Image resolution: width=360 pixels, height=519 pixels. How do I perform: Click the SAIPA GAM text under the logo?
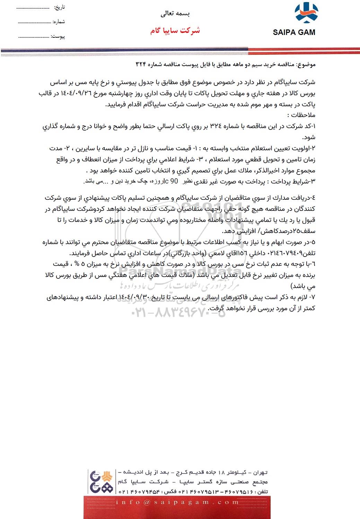pyautogui.click(x=294, y=33)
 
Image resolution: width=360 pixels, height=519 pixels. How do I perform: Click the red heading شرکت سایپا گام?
pyautogui.click(x=175, y=30)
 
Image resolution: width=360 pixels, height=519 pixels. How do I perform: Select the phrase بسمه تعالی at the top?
pyautogui.click(x=175, y=14)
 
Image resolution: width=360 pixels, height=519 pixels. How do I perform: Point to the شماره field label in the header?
pyautogui.click(x=59, y=21)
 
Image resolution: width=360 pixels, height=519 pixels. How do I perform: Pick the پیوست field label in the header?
pyautogui.click(x=58, y=36)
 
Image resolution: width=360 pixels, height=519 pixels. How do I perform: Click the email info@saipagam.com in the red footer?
pyautogui.click(x=177, y=502)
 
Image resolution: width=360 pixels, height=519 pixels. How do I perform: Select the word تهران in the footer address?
pyautogui.click(x=261, y=472)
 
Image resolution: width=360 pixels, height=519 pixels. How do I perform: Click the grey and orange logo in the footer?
pyautogui.click(x=101, y=481)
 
